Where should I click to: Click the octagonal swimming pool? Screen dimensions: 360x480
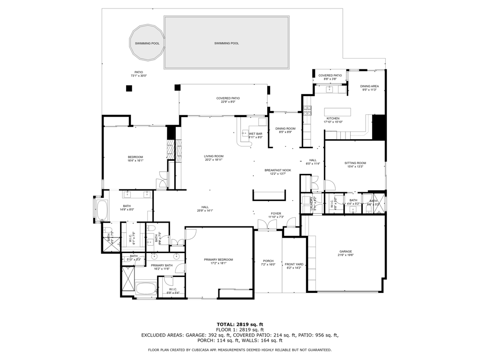pos(147,43)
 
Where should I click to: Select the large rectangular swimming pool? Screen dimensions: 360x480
pos(226,43)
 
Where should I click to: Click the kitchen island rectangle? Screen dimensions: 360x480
pos(337,112)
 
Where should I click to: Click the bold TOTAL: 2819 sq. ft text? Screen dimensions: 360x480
pos(240,324)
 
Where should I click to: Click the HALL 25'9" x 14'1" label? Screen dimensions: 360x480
pos(205,209)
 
